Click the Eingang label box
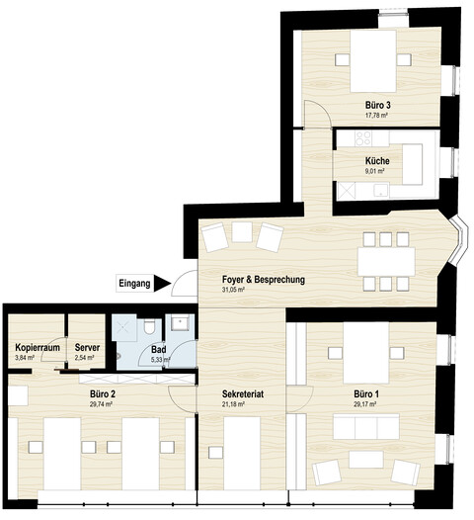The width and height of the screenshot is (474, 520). click(x=135, y=283)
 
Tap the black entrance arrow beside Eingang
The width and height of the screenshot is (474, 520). click(x=162, y=283)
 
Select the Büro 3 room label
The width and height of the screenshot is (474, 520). click(x=377, y=106)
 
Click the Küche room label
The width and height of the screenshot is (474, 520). click(x=377, y=161)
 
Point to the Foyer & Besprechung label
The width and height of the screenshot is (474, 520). click(x=264, y=280)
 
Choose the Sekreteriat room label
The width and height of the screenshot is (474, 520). click(x=243, y=394)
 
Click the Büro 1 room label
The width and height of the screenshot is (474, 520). click(x=366, y=394)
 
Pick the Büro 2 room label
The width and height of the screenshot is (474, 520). click(x=103, y=394)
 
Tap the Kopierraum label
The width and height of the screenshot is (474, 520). click(x=38, y=348)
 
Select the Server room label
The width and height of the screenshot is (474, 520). click(x=87, y=348)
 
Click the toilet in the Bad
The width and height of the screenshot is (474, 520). click(x=150, y=326)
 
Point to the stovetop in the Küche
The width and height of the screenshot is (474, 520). click(x=362, y=138)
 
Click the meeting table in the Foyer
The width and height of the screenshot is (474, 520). click(x=386, y=261)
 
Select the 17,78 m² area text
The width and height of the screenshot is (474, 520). click(x=376, y=116)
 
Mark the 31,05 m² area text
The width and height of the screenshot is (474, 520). click(x=233, y=290)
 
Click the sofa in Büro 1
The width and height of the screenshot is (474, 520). click(x=366, y=426)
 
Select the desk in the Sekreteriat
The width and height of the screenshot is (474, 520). click(x=242, y=453)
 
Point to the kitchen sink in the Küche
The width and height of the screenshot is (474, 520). click(x=381, y=191)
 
